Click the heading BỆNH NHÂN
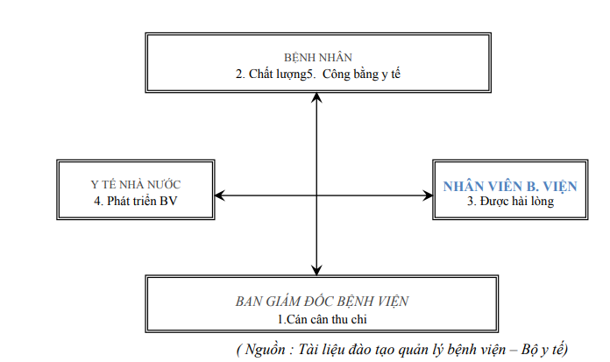318,58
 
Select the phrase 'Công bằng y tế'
361,74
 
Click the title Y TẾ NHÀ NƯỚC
136,184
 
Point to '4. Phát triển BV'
135,201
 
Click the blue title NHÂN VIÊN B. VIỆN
510,186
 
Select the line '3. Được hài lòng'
510,202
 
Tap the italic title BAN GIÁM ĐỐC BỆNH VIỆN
322,302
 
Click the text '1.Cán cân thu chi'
323,319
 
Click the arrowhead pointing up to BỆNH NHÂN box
316,97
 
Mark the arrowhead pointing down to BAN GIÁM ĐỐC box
316,271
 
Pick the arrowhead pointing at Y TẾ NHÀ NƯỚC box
220,195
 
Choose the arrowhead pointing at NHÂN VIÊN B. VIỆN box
428,195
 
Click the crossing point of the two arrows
316,195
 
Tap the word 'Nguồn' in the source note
266,349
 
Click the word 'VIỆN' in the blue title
560,186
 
